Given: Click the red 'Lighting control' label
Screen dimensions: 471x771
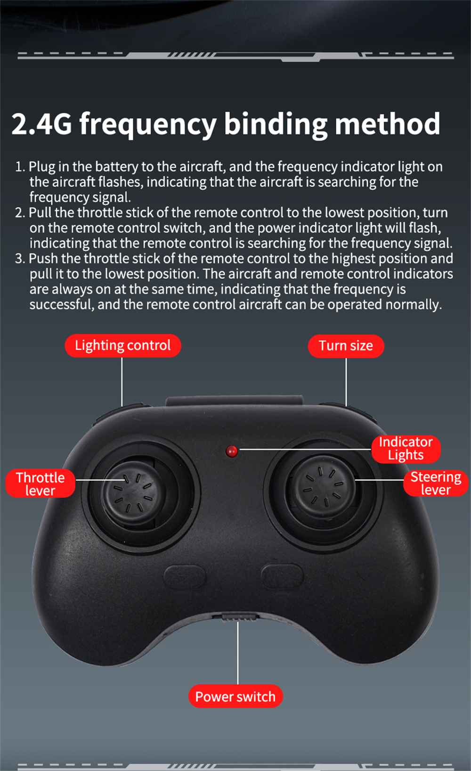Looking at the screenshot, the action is pyautogui.click(x=123, y=345).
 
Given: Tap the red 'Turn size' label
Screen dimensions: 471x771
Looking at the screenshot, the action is pyautogui.click(x=346, y=346).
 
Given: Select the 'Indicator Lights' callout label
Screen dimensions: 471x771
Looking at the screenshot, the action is pyautogui.click(x=406, y=449).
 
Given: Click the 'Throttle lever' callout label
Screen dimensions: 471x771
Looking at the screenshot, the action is pyautogui.click(x=40, y=483).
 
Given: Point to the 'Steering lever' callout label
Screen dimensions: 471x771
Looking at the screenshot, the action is pyautogui.click(x=436, y=483).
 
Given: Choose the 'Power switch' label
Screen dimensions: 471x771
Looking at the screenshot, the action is pyautogui.click(x=235, y=697).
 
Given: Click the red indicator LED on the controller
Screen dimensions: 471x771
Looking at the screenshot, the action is pyautogui.click(x=232, y=451).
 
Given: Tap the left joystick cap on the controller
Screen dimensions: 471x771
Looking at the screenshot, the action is pyautogui.click(x=131, y=489).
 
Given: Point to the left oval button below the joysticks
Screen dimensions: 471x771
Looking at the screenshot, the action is pyautogui.click(x=185, y=576).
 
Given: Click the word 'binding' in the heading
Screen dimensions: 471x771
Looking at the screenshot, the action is pyautogui.click(x=276, y=124).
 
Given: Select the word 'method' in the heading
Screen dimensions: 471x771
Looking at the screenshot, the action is pyautogui.click(x=387, y=123).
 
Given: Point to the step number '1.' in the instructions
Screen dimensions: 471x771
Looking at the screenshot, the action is pyautogui.click(x=20, y=167).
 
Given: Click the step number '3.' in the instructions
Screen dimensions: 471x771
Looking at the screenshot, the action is pyautogui.click(x=20, y=259).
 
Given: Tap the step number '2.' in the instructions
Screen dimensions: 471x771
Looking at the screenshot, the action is pyautogui.click(x=20, y=213).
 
